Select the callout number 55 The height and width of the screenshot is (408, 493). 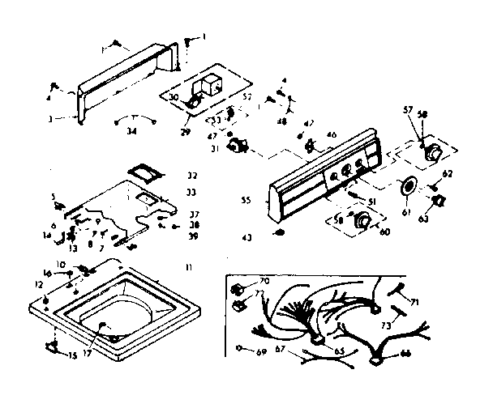click(246, 198)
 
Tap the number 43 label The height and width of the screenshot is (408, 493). click(246, 237)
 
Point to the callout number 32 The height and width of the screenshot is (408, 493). click(191, 176)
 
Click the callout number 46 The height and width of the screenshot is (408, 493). click(331, 134)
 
